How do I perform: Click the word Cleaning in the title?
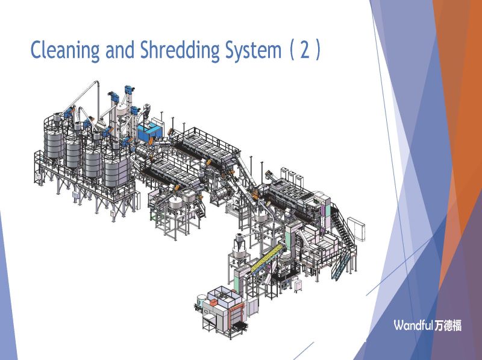65,50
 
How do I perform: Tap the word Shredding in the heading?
180,49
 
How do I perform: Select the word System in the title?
253,50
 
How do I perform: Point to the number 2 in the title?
305,49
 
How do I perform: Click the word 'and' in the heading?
120,49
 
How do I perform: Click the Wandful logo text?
413,325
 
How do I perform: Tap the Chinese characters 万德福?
448,325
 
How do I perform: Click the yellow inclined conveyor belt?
266,258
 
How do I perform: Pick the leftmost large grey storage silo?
54,144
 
